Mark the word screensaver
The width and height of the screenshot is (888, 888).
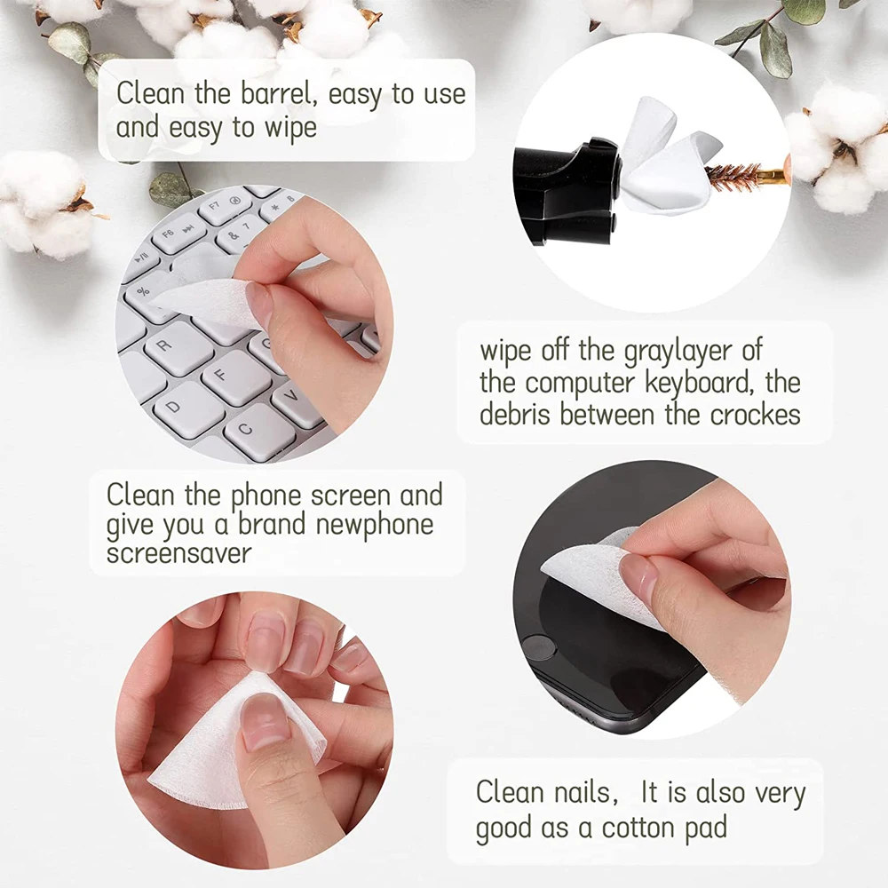pos(178,552)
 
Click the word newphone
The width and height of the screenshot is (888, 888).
pos(375,525)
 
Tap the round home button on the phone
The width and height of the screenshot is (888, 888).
pos(537,647)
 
